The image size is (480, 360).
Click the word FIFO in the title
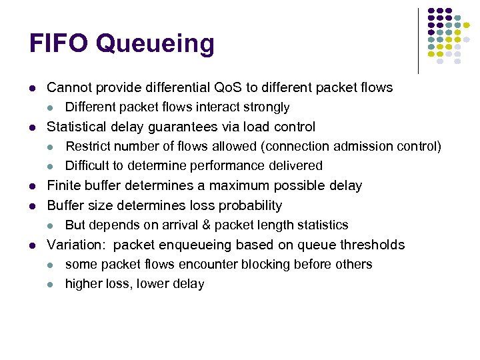[x=59, y=44]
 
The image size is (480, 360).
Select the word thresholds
[x=372, y=245]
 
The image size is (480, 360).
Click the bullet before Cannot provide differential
[x=32, y=88]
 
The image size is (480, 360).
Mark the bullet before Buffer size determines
[x=32, y=206]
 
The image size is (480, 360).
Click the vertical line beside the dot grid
[x=418, y=40]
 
